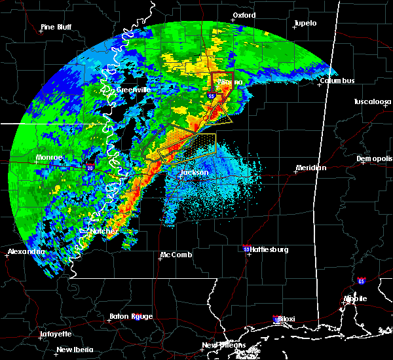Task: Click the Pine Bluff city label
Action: [56, 27]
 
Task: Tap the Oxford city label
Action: [244, 15]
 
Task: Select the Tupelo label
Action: [305, 24]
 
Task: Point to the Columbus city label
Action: [337, 81]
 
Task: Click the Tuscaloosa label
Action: [373, 102]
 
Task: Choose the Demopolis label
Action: [375, 159]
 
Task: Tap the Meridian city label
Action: [310, 168]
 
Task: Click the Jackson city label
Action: [194, 173]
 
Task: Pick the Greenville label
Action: [134, 90]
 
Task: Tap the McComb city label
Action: [176, 255]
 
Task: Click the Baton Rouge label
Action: [132, 317]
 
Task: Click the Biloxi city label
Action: [286, 319]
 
